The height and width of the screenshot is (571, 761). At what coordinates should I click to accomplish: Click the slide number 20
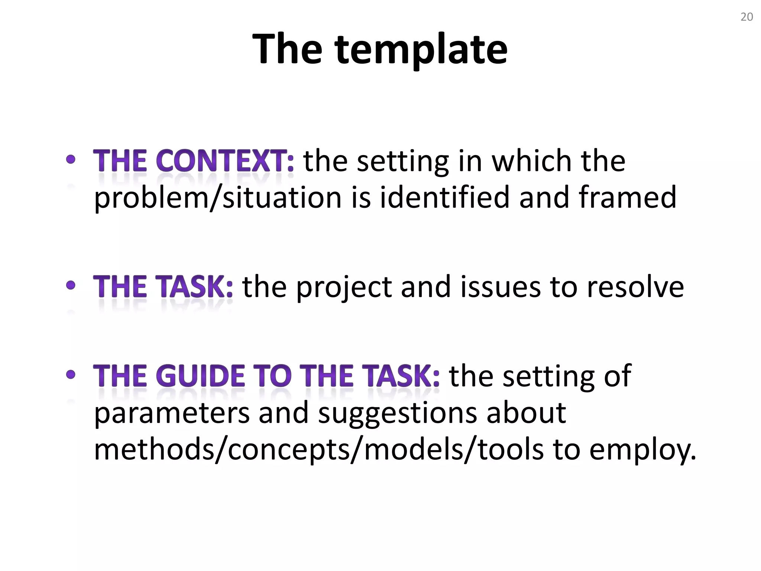point(747,17)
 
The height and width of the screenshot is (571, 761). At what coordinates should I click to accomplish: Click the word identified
point(444,197)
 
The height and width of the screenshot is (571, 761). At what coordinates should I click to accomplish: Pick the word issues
point(500,287)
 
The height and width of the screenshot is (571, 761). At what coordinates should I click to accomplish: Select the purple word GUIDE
point(203,376)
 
